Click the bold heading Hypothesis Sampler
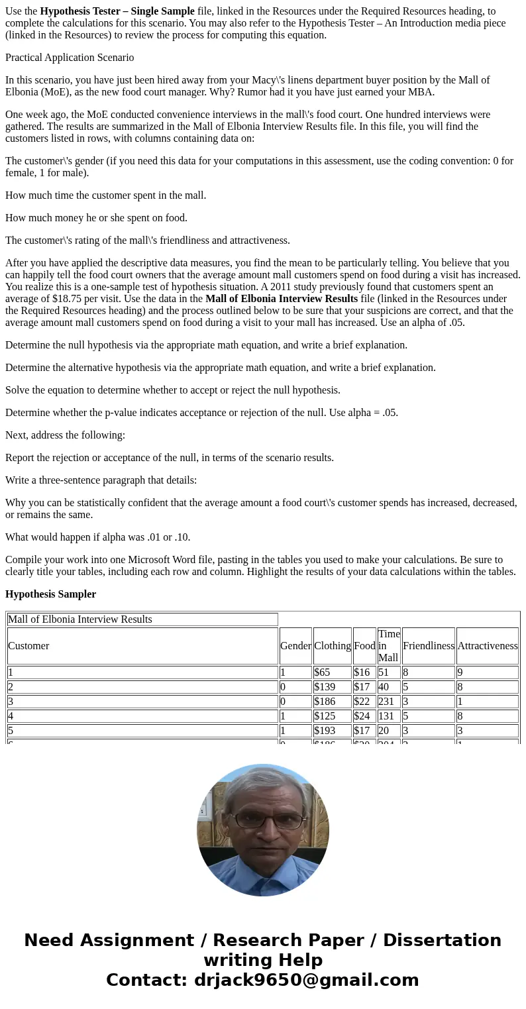pyautogui.click(x=50, y=594)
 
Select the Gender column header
pyautogui.click(x=295, y=646)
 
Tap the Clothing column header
pyautogui.click(x=332, y=646)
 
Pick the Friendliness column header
pyautogui.click(x=428, y=646)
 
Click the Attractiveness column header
pyautogui.click(x=487, y=646)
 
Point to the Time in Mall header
pyautogui.click(x=389, y=646)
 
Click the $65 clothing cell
pyautogui.click(x=323, y=672)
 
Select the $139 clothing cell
pyautogui.click(x=325, y=687)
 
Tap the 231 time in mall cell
pyautogui.click(x=386, y=702)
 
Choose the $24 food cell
pyautogui.click(x=361, y=716)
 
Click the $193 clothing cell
pyautogui.click(x=325, y=731)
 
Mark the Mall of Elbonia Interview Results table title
pyautogui.click(x=80, y=619)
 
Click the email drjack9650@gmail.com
pyautogui.click(x=306, y=980)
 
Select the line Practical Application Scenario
pyautogui.click(x=70, y=58)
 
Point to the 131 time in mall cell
pyautogui.click(x=386, y=716)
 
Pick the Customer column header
pyautogui.click(x=28, y=646)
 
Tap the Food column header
pyautogui.click(x=364, y=646)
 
